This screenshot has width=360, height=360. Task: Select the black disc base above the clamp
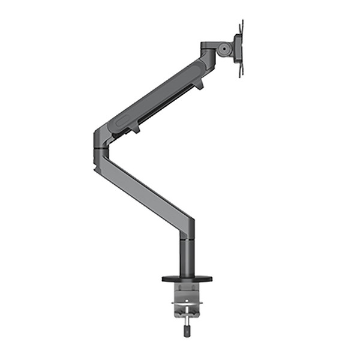tap(187, 278)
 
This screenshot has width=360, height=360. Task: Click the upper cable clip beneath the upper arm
tap(197, 85)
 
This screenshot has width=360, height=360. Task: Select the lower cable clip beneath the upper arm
tap(134, 128)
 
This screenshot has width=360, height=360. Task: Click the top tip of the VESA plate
tap(241, 22)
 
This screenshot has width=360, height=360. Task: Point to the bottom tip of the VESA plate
tap(241, 76)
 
